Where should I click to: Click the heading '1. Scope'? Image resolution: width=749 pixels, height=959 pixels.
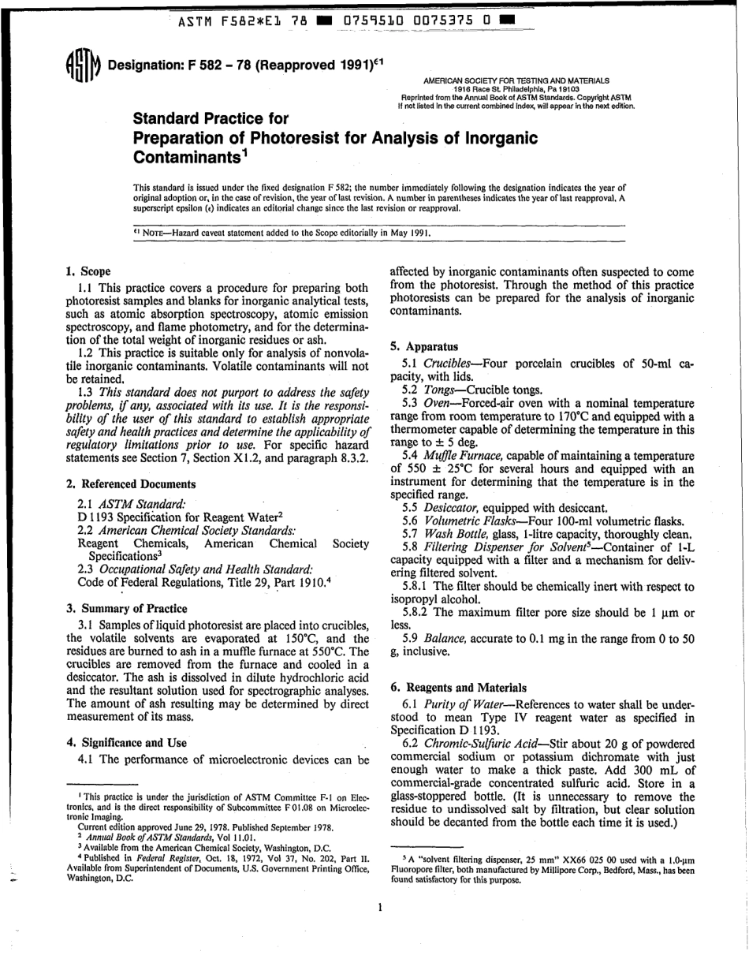pyautogui.click(x=88, y=271)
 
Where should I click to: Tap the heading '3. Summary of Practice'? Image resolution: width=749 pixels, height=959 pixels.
pyautogui.click(x=127, y=608)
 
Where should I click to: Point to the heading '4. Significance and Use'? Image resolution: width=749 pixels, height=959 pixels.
pyautogui.click(x=127, y=742)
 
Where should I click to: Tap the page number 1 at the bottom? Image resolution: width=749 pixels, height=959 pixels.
pyautogui.click(x=379, y=908)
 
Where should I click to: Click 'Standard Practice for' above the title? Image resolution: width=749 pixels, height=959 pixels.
pyautogui.click(x=211, y=119)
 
